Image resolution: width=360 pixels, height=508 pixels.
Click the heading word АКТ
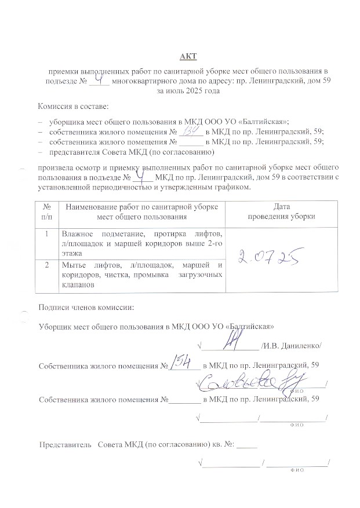pos(189,56)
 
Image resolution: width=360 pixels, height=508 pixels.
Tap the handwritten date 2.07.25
pos(268,255)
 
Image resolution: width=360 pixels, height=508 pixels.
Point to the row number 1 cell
pos(46,234)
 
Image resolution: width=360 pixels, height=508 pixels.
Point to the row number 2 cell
pos(46,265)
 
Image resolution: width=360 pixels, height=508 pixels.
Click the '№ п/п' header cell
pos(46,212)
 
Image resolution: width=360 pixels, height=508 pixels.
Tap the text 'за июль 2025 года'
pos(188,91)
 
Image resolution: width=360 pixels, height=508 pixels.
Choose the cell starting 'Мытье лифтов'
pos(142,275)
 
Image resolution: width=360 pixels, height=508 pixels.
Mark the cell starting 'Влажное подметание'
pos(142,243)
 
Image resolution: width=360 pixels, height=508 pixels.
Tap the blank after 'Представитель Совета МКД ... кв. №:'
pos(246,445)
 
